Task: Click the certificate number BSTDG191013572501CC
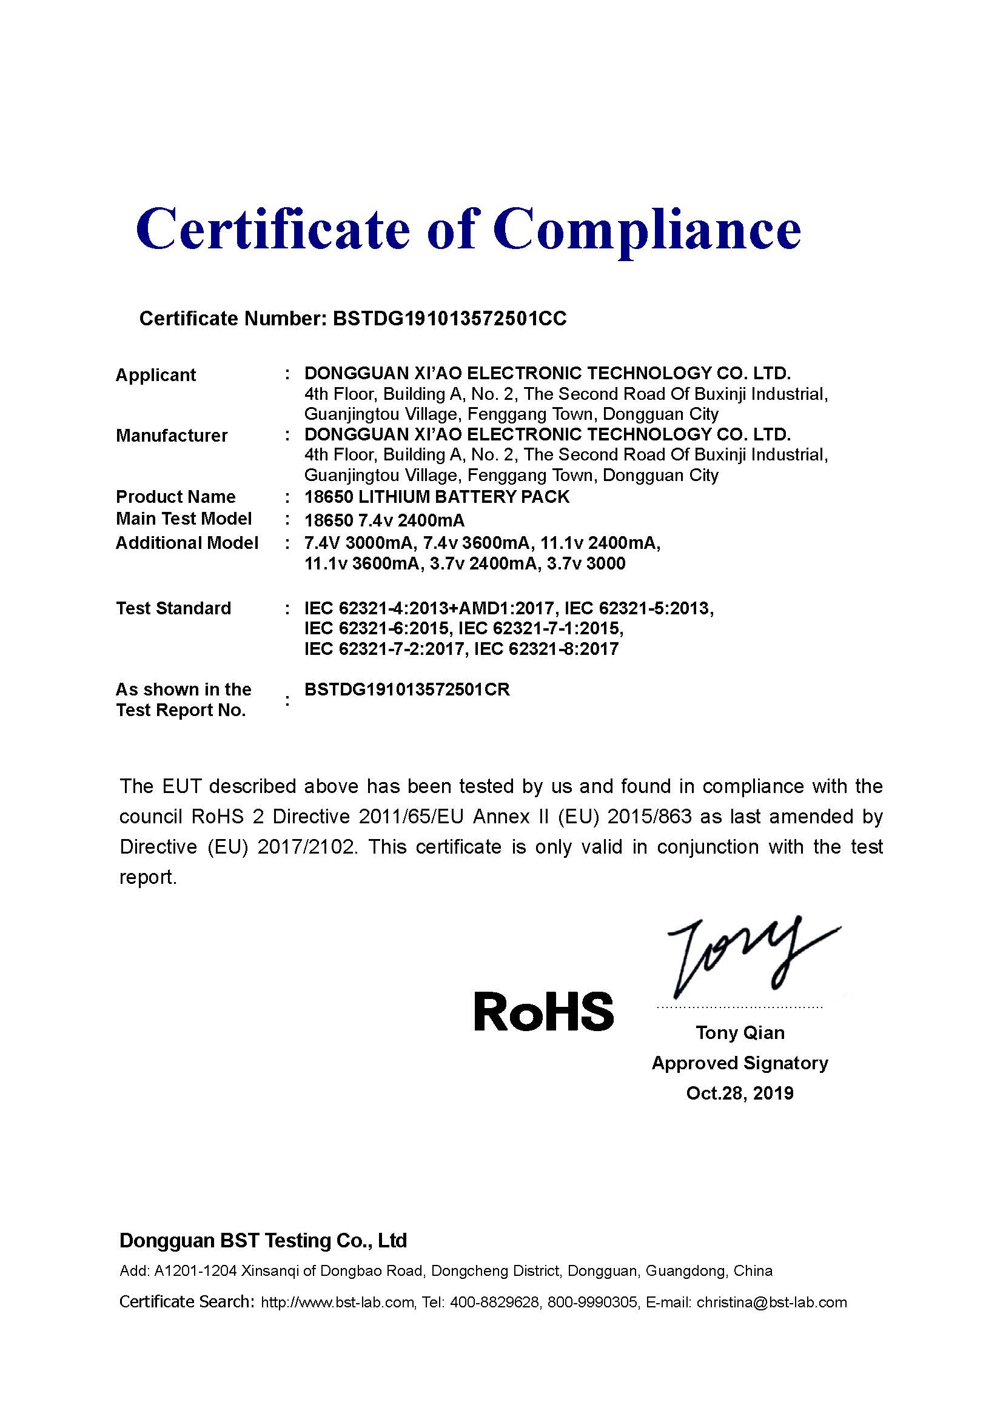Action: coord(449,319)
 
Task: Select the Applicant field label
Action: coord(155,374)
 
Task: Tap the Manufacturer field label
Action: coord(172,435)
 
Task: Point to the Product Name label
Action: coord(175,496)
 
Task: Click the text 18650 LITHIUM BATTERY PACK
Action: coord(437,496)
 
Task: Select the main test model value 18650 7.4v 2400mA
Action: coord(384,520)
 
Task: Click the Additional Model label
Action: coord(187,542)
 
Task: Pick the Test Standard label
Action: coord(173,608)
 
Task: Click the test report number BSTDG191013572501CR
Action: coord(407,689)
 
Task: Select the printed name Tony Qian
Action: coord(740,1032)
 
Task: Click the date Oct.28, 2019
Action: coord(740,1093)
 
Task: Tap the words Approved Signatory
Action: coord(740,1063)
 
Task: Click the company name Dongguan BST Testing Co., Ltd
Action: coord(263,1241)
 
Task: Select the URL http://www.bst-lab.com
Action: coord(337,1303)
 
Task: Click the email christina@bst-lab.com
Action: coord(771,1303)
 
